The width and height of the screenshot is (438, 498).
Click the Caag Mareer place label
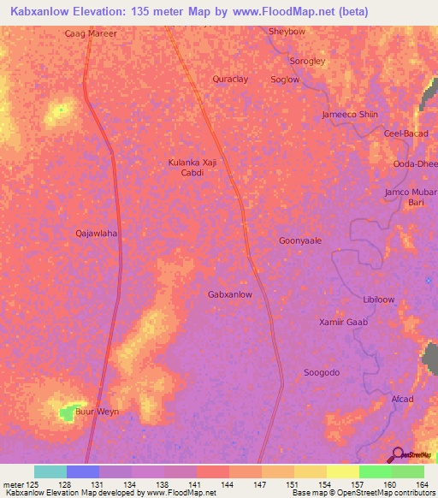coord(90,35)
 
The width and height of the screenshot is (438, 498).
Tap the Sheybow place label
coord(287,32)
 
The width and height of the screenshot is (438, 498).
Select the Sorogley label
coord(307,62)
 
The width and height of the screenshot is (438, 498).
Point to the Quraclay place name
coord(229,79)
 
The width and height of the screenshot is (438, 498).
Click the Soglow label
coord(285,80)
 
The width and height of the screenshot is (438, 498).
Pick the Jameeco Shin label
coord(349,115)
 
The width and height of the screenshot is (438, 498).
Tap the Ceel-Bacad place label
coord(405,133)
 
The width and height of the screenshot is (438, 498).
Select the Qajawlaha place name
coord(96,233)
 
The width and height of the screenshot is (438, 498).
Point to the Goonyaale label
coord(300,241)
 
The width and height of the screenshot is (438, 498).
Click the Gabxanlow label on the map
coord(230,294)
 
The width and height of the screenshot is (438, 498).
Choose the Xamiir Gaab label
coord(342,322)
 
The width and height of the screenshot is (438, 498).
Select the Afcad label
coord(401,400)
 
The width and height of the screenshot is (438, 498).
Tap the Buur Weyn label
coord(98,412)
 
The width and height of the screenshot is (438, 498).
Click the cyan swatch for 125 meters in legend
coord(50,471)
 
